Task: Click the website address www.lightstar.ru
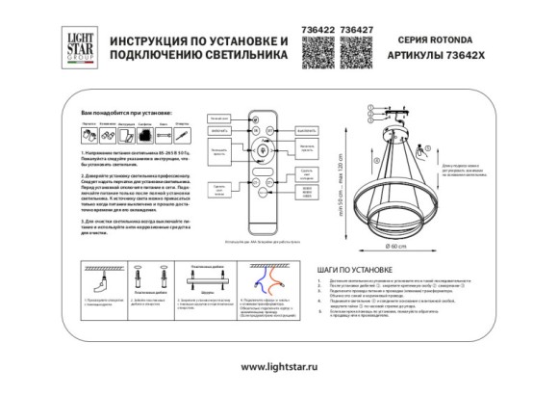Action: click(x=278, y=367)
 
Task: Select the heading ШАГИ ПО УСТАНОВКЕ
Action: click(x=351, y=271)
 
